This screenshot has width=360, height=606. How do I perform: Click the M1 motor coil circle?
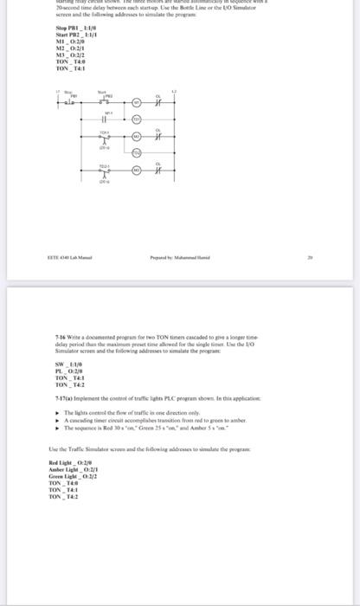click(136, 103)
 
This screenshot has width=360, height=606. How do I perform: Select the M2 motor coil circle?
click(136, 137)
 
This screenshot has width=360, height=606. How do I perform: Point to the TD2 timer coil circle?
click(136, 151)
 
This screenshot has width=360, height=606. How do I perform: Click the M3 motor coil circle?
click(136, 170)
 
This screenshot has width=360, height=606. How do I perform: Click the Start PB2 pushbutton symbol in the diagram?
click(104, 101)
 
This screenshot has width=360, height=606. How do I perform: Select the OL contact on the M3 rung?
click(158, 170)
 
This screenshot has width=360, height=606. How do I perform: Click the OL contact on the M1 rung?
click(158, 103)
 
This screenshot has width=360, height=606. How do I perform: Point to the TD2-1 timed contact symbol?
click(104, 171)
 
